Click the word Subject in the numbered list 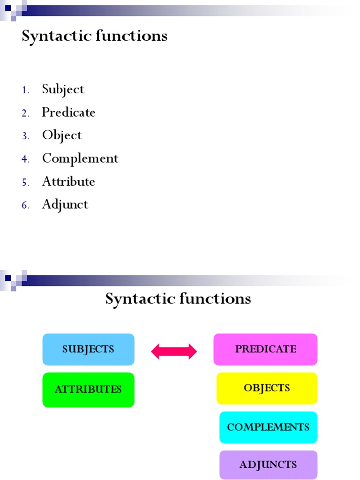(x=63, y=90)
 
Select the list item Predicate (x=68, y=112)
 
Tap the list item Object (x=62, y=135)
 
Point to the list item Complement (x=80, y=158)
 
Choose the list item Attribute (x=68, y=181)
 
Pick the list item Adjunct (x=65, y=204)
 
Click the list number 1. (x=25, y=90)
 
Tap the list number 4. (x=25, y=159)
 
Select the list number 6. (x=25, y=205)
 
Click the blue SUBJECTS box (x=88, y=349)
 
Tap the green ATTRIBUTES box (x=88, y=389)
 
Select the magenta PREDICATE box (x=265, y=349)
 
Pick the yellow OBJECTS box (x=267, y=388)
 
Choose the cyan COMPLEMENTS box (x=268, y=427)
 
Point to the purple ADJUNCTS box (x=268, y=465)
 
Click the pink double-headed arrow (x=174, y=351)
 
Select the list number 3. (x=25, y=136)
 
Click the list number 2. (x=25, y=113)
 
